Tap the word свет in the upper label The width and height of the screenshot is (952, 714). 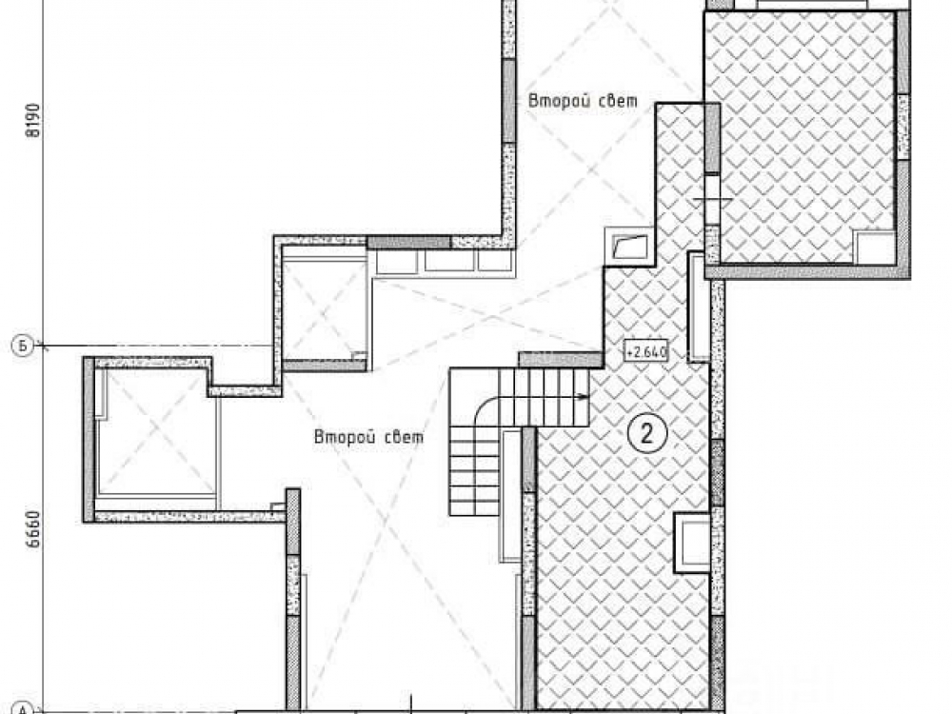pyautogui.click(x=618, y=101)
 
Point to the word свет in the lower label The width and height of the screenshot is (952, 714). pyautogui.click(x=405, y=438)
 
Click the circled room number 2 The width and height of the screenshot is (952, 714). pyautogui.click(x=646, y=433)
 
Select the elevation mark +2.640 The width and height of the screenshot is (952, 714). pyautogui.click(x=646, y=351)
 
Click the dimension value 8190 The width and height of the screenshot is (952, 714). pyautogui.click(x=34, y=120)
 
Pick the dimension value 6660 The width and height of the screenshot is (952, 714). pyautogui.click(x=34, y=528)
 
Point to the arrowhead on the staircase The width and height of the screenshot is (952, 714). pyautogui.click(x=585, y=398)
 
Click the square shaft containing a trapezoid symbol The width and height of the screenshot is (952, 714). pyautogui.click(x=629, y=247)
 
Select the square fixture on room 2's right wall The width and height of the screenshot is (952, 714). pyautogui.click(x=692, y=543)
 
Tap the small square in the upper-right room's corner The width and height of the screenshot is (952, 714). pyautogui.click(x=874, y=247)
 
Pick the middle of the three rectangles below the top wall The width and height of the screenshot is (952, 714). pyautogui.click(x=448, y=261)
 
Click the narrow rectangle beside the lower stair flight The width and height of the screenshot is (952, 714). pyautogui.click(x=510, y=495)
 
